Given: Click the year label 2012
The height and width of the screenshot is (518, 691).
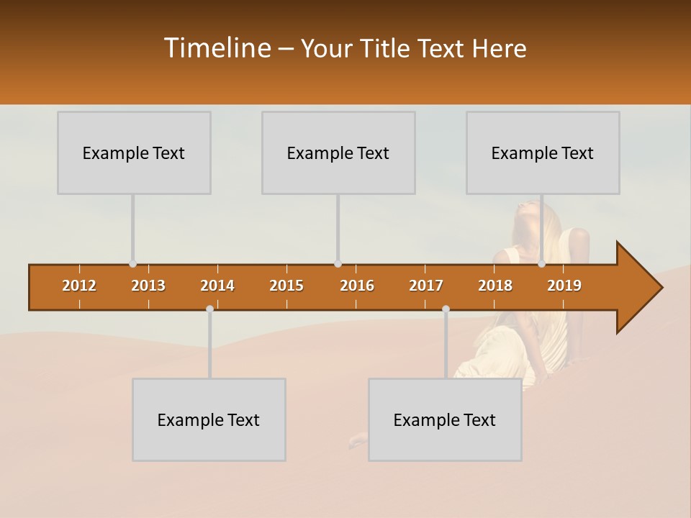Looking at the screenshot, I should point(79,286).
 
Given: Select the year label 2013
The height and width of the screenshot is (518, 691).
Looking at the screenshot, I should point(148,286).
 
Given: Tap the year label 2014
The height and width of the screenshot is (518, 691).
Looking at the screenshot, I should point(217,286).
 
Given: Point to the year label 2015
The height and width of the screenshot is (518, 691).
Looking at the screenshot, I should point(286,286).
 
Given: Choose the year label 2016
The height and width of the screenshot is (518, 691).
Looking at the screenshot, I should point(357,286).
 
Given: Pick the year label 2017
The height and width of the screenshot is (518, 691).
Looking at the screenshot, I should point(426,286).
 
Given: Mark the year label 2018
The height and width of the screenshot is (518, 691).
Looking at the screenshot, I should point(495,286).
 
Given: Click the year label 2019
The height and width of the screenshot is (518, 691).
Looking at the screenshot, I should point(564,286).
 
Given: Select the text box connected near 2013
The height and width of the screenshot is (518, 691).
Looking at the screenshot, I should point(134,153).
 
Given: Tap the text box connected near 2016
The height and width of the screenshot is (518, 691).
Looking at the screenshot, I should point(338,153).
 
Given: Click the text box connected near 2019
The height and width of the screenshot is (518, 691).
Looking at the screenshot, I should point(543,153).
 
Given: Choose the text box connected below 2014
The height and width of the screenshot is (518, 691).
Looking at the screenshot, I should point(209,419).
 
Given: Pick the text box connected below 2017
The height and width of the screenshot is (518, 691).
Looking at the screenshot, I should point(445,419).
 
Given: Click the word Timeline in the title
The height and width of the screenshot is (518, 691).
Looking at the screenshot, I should point(216,48).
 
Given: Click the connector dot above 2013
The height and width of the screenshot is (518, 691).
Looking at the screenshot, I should point(132,264).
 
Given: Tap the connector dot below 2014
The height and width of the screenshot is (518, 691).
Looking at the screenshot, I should point(209,309).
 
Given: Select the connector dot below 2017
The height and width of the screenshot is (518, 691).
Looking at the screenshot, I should point(446,309).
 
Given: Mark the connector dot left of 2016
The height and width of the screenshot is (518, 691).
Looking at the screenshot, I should point(338,264).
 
